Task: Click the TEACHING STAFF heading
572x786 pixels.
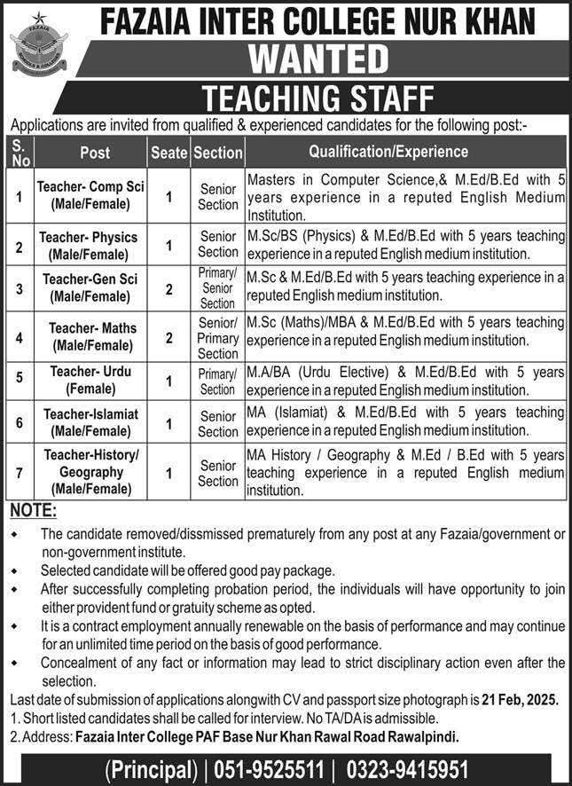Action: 320,96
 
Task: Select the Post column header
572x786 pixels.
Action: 95,153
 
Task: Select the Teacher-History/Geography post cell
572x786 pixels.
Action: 91,472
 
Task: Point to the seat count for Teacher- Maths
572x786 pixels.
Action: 168,335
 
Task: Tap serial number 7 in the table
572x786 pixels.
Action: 18,472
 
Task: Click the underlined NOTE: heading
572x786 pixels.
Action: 34,511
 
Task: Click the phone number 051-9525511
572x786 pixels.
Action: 278,768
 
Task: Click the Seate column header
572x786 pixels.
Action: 168,153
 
